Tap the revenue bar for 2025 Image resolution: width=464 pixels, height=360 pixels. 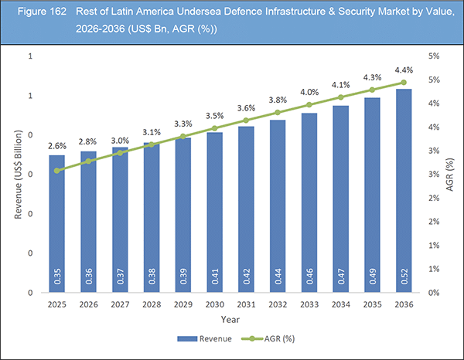(57, 224)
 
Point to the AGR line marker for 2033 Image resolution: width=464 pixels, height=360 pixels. (309, 105)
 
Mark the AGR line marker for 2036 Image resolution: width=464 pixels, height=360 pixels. (403, 83)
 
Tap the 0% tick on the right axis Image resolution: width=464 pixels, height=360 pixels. (435, 293)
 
